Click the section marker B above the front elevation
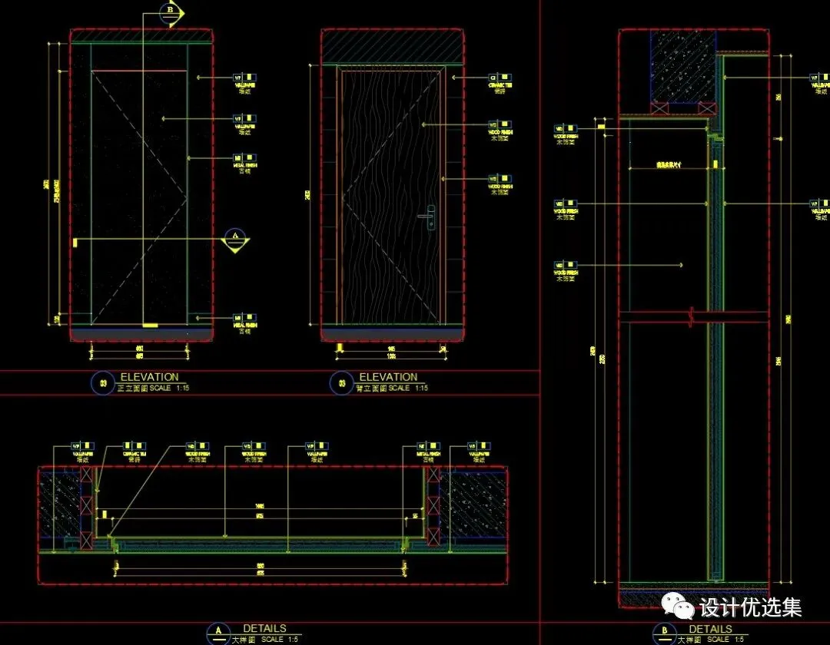tap(169, 11)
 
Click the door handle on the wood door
tap(431, 216)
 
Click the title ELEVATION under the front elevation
tap(149, 377)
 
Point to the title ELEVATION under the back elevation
tap(388, 377)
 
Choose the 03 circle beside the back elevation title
tap(340, 382)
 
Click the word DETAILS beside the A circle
tap(264, 628)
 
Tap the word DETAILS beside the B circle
tap(710, 629)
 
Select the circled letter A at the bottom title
tap(218, 633)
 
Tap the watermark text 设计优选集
tap(750, 608)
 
